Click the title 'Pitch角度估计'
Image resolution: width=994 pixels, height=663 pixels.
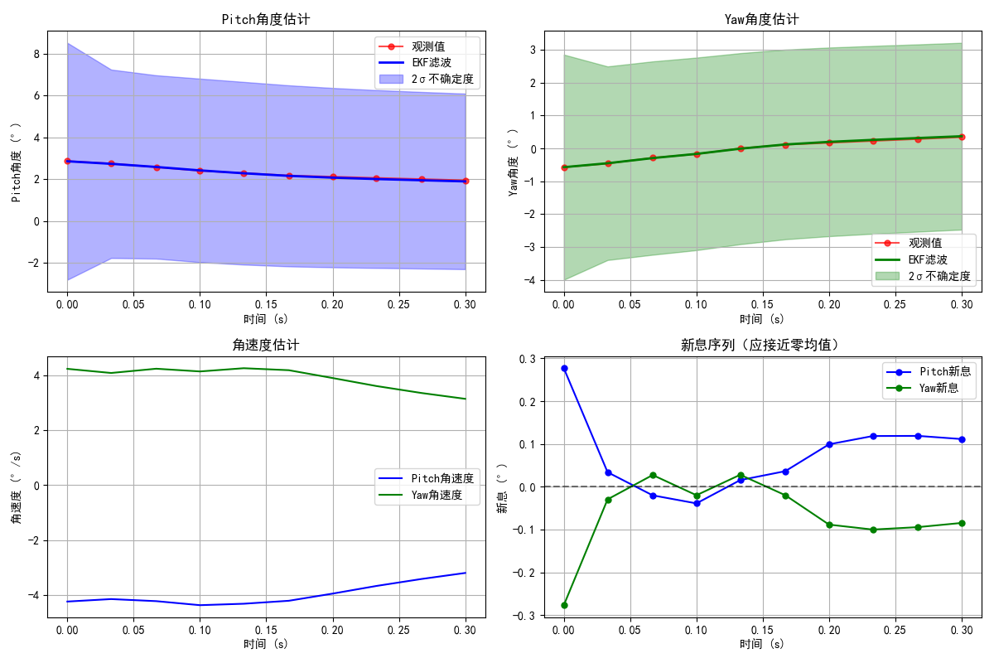point(266,19)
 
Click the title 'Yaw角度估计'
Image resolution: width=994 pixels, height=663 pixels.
point(763,19)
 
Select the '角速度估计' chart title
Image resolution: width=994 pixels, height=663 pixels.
point(266,345)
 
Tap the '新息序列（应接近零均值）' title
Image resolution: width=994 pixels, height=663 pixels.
point(763,345)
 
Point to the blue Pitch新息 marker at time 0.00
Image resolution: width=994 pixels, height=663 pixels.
point(564,368)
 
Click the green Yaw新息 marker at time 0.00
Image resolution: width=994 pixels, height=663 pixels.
point(564,605)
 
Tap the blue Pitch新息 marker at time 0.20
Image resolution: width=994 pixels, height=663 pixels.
point(829,444)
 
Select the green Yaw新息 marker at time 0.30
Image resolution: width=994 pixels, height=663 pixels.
point(962,523)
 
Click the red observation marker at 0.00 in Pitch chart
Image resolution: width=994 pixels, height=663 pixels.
point(67,161)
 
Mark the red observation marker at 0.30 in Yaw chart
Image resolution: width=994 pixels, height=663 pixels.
point(962,137)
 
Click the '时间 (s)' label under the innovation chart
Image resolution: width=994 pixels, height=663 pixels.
point(763,644)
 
